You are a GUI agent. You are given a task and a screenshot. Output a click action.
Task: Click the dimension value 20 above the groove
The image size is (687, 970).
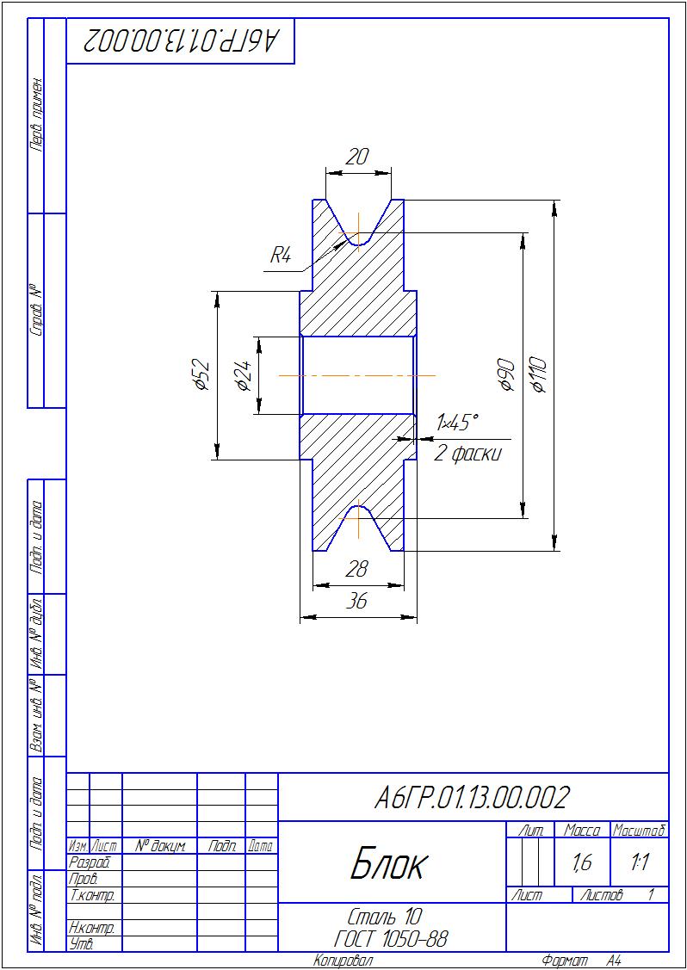(x=358, y=158)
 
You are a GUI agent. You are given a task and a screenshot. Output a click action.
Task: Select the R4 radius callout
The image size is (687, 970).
(x=280, y=256)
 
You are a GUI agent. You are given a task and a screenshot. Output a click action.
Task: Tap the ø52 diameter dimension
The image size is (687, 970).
(x=201, y=375)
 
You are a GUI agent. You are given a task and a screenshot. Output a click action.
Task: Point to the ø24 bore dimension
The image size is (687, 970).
(x=244, y=376)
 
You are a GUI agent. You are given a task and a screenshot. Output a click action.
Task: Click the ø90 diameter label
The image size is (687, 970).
(x=507, y=374)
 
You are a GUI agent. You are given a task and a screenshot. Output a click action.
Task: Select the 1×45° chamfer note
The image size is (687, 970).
(x=457, y=423)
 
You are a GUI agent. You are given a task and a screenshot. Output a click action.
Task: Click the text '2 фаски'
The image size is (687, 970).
(x=467, y=454)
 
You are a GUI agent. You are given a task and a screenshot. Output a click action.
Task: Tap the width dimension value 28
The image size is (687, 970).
(x=356, y=569)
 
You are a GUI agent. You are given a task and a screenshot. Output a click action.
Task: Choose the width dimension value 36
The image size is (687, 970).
(x=356, y=601)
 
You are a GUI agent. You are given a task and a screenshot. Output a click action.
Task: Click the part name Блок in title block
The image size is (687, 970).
(x=388, y=866)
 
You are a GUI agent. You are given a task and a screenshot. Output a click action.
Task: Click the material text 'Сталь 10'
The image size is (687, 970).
(x=386, y=914)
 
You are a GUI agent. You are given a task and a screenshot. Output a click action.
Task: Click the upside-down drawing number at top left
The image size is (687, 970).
(x=181, y=40)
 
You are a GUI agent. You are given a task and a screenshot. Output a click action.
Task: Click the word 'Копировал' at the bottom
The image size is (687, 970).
(x=343, y=961)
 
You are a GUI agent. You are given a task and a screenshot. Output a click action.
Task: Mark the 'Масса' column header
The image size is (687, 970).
(x=581, y=831)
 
